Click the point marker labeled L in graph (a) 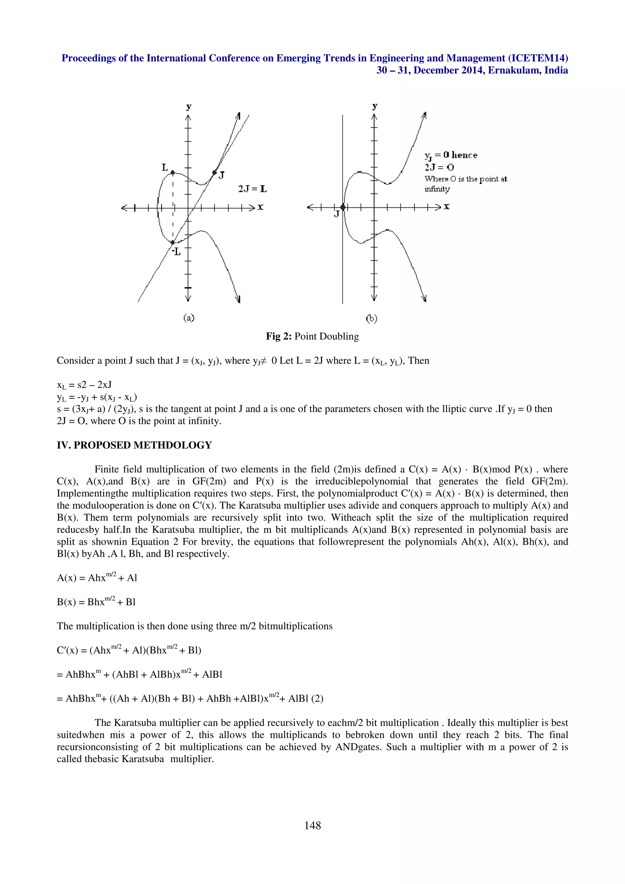(x=172, y=172)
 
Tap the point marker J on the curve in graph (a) (x=215, y=172)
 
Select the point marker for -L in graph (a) (x=172, y=243)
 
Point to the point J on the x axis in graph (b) (x=343, y=207)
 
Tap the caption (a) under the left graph (x=189, y=318)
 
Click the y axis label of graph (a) (x=188, y=107)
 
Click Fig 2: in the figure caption (x=279, y=336)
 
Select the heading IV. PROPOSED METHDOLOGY (x=134, y=445)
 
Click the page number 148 (x=312, y=825)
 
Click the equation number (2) (x=317, y=699)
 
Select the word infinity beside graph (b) (x=437, y=189)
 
